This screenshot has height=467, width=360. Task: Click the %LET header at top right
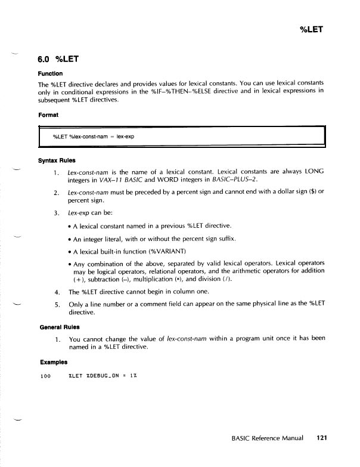click(310, 27)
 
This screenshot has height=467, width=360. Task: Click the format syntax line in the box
click(92, 137)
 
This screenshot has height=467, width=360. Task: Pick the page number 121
click(322, 437)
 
